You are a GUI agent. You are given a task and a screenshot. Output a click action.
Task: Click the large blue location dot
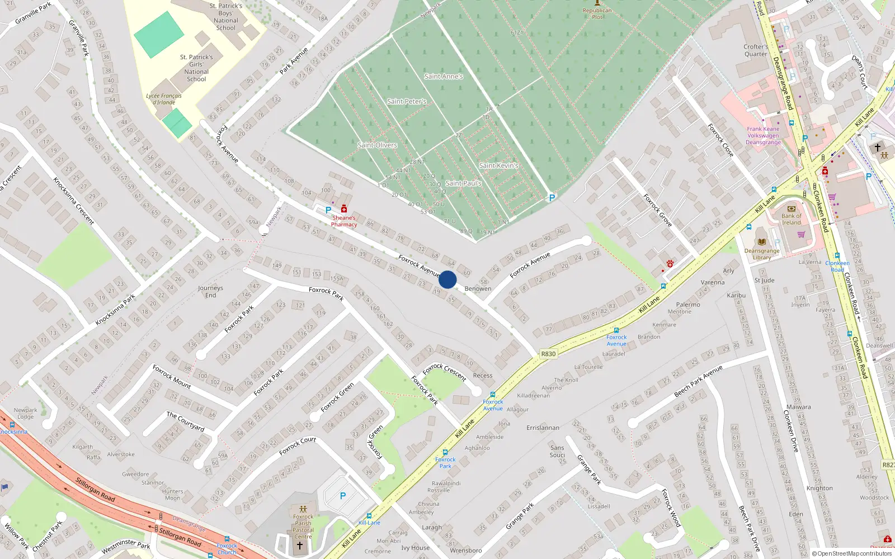tap(447, 279)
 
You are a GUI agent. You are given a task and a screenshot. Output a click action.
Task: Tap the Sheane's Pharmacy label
tap(343, 221)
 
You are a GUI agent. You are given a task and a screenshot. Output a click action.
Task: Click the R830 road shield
tap(548, 354)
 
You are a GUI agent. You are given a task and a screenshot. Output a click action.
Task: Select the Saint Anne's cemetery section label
tap(444, 77)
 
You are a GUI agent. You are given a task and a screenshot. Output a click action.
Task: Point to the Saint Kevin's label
tap(498, 165)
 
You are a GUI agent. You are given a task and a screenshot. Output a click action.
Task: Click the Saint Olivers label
tap(377, 145)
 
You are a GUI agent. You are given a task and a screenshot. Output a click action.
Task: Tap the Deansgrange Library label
tap(761, 254)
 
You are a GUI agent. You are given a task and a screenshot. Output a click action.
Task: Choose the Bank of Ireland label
tap(791, 219)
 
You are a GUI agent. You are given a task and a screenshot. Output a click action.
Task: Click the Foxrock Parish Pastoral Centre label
tap(303, 527)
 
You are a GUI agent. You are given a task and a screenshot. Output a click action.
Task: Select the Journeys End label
tap(210, 292)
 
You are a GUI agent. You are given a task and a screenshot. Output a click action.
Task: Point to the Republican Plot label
tap(597, 13)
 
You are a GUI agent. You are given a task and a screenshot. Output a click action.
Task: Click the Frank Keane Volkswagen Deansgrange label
tap(763, 136)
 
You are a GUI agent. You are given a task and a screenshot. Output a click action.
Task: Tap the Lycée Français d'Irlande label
tap(164, 99)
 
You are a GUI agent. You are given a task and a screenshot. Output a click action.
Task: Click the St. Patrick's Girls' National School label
tap(196, 68)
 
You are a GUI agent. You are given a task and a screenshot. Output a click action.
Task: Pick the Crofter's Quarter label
tap(756, 50)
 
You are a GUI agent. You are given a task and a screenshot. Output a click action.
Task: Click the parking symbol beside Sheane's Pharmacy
tap(328, 210)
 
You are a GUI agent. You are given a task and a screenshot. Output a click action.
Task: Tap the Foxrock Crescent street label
tap(445, 372)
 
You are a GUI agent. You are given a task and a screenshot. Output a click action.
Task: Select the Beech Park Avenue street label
tap(698, 381)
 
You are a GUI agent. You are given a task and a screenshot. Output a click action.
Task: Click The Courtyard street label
tap(186, 421)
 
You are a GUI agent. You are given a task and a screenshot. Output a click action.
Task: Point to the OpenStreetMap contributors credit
tap(852, 554)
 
